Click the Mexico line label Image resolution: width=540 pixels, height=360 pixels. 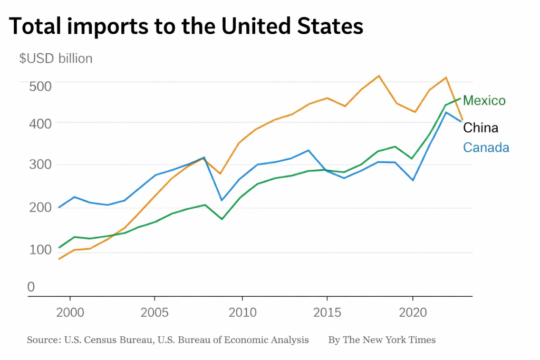coord(484,101)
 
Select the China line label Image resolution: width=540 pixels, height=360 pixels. coord(480,128)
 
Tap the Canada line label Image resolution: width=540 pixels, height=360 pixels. coord(486,148)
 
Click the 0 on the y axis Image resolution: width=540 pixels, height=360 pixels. coord(31,287)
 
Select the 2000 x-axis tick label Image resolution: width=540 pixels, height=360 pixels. coord(70,313)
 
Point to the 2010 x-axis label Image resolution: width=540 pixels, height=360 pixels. coord(242,313)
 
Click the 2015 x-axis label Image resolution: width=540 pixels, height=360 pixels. coord(327,313)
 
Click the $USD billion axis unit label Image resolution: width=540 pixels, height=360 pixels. coord(56,59)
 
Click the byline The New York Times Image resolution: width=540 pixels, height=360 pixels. coord(389,340)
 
